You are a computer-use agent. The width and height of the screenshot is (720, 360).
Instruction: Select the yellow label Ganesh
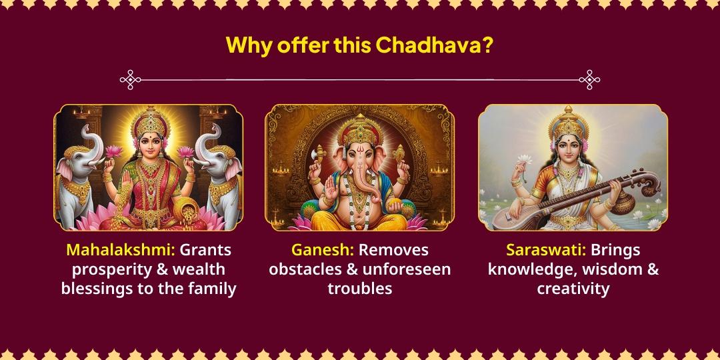pyautogui.click(x=323, y=251)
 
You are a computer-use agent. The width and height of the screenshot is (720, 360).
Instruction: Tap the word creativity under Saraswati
pyautogui.click(x=573, y=289)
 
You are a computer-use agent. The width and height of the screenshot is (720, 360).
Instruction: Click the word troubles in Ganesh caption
pyautogui.click(x=359, y=289)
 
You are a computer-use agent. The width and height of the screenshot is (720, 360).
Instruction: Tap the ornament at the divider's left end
pyautogui.click(x=130, y=80)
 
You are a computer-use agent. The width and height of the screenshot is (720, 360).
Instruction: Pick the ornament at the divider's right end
pyautogui.click(x=589, y=80)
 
